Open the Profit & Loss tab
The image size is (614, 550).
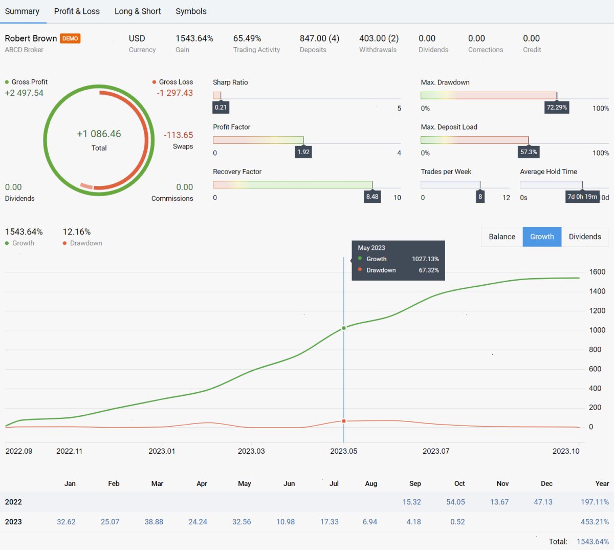pos(77,11)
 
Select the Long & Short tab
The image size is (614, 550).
pos(138,11)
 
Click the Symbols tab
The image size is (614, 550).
pos(191,11)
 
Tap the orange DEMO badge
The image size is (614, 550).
pos(70,38)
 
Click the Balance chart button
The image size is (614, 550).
pos(502,237)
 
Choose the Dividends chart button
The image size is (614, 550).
pos(585,237)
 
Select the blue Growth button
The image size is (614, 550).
pos(542,237)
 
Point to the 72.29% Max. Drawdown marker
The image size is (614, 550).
pos(557,108)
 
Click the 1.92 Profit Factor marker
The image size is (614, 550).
pos(303,152)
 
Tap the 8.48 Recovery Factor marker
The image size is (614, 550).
pos(372,197)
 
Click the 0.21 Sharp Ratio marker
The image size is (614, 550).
pos(221,108)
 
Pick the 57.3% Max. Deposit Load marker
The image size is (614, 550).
pos(529,152)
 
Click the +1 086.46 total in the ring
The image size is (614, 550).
pos(99,134)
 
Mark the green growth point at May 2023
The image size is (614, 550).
pos(344,328)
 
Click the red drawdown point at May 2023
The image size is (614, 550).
pos(344,421)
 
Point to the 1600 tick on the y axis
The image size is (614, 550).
pos(597,272)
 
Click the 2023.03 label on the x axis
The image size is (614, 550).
pos(251,451)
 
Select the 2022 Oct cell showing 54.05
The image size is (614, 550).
pos(455,502)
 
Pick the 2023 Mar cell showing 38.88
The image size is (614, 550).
pos(153,522)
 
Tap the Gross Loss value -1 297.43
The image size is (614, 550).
pos(175,93)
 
